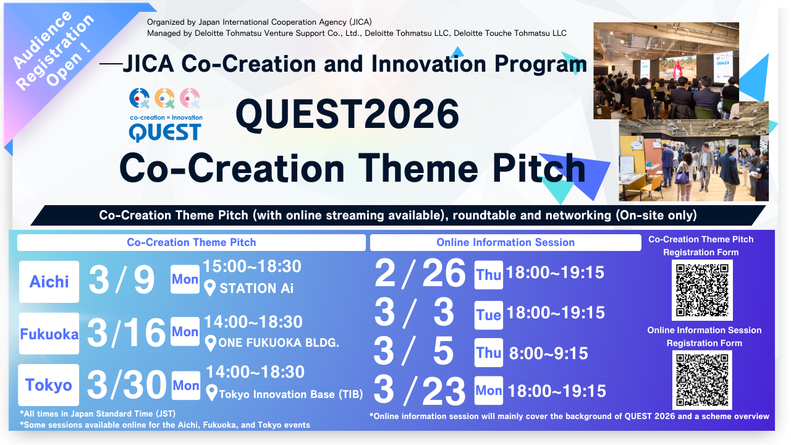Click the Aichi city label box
[x=49, y=281]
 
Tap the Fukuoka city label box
[x=49, y=333]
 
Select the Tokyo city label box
[x=49, y=384]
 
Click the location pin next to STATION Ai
[x=209, y=288]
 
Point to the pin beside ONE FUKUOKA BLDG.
[x=211, y=343]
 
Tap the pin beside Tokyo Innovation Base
[x=211, y=393]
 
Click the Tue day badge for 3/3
[x=489, y=315]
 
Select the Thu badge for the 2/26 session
[x=489, y=275]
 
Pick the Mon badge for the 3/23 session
[x=489, y=390]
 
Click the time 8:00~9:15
[x=548, y=353]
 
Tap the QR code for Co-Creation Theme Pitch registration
[x=702, y=290]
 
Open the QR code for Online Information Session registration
[x=702, y=380]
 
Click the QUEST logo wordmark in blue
[x=165, y=133]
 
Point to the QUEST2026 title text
[x=347, y=114]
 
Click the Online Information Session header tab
[x=505, y=242]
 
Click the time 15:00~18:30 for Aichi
[x=252, y=266]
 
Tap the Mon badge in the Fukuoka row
[x=185, y=331]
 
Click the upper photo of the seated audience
[x=666, y=70]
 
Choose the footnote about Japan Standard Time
[x=98, y=413]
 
